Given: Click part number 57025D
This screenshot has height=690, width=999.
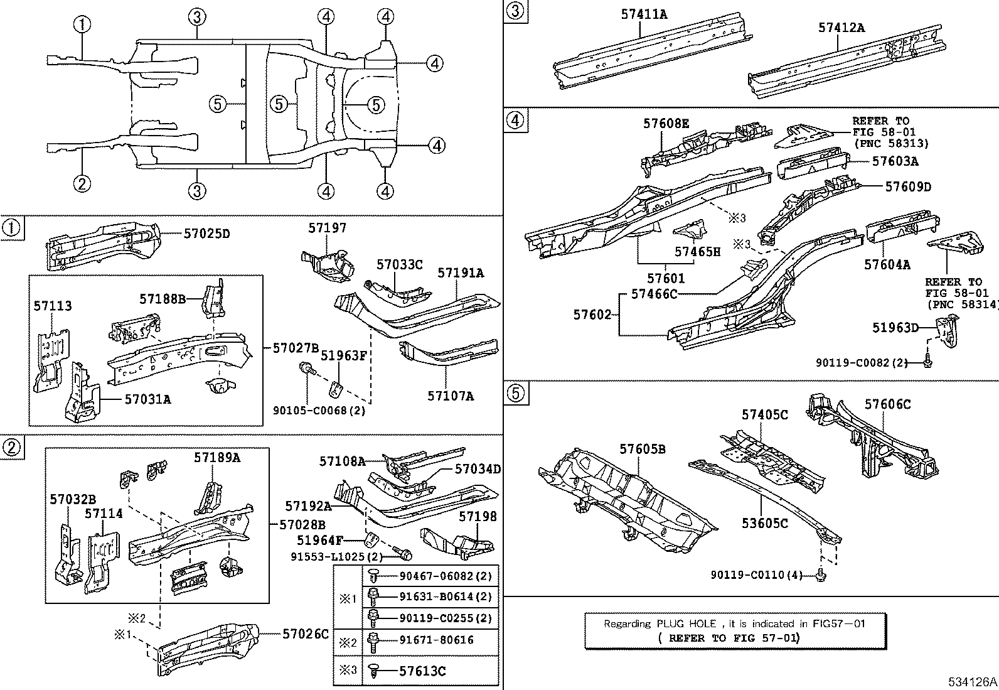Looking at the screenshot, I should click(x=206, y=234).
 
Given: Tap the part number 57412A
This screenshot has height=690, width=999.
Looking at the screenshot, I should click(x=841, y=28).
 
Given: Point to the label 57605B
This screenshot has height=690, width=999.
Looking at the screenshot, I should click(x=643, y=449).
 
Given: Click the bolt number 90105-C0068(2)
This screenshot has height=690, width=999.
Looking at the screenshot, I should click(x=319, y=411).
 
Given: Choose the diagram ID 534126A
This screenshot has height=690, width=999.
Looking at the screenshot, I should click(x=972, y=682).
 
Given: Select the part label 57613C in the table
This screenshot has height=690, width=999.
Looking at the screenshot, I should click(x=422, y=671).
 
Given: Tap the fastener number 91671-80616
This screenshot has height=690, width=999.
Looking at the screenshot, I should click(x=436, y=640).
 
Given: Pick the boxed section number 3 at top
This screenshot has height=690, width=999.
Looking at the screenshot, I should click(x=514, y=11).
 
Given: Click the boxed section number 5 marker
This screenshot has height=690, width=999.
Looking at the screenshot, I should click(x=514, y=393).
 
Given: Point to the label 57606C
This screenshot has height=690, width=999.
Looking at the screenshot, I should click(x=887, y=405).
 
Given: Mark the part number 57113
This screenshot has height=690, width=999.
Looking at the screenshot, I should click(x=53, y=306).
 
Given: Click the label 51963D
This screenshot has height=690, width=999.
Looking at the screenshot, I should click(x=895, y=327).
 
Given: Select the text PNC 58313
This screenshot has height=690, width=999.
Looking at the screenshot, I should click(x=891, y=143).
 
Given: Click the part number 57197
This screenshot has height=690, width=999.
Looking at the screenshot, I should click(x=327, y=229).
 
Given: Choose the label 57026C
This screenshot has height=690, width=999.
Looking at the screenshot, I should click(x=305, y=634).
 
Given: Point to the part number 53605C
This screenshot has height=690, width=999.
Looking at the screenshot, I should click(x=764, y=523).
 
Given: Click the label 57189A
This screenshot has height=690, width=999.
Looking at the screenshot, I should click(x=216, y=458).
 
